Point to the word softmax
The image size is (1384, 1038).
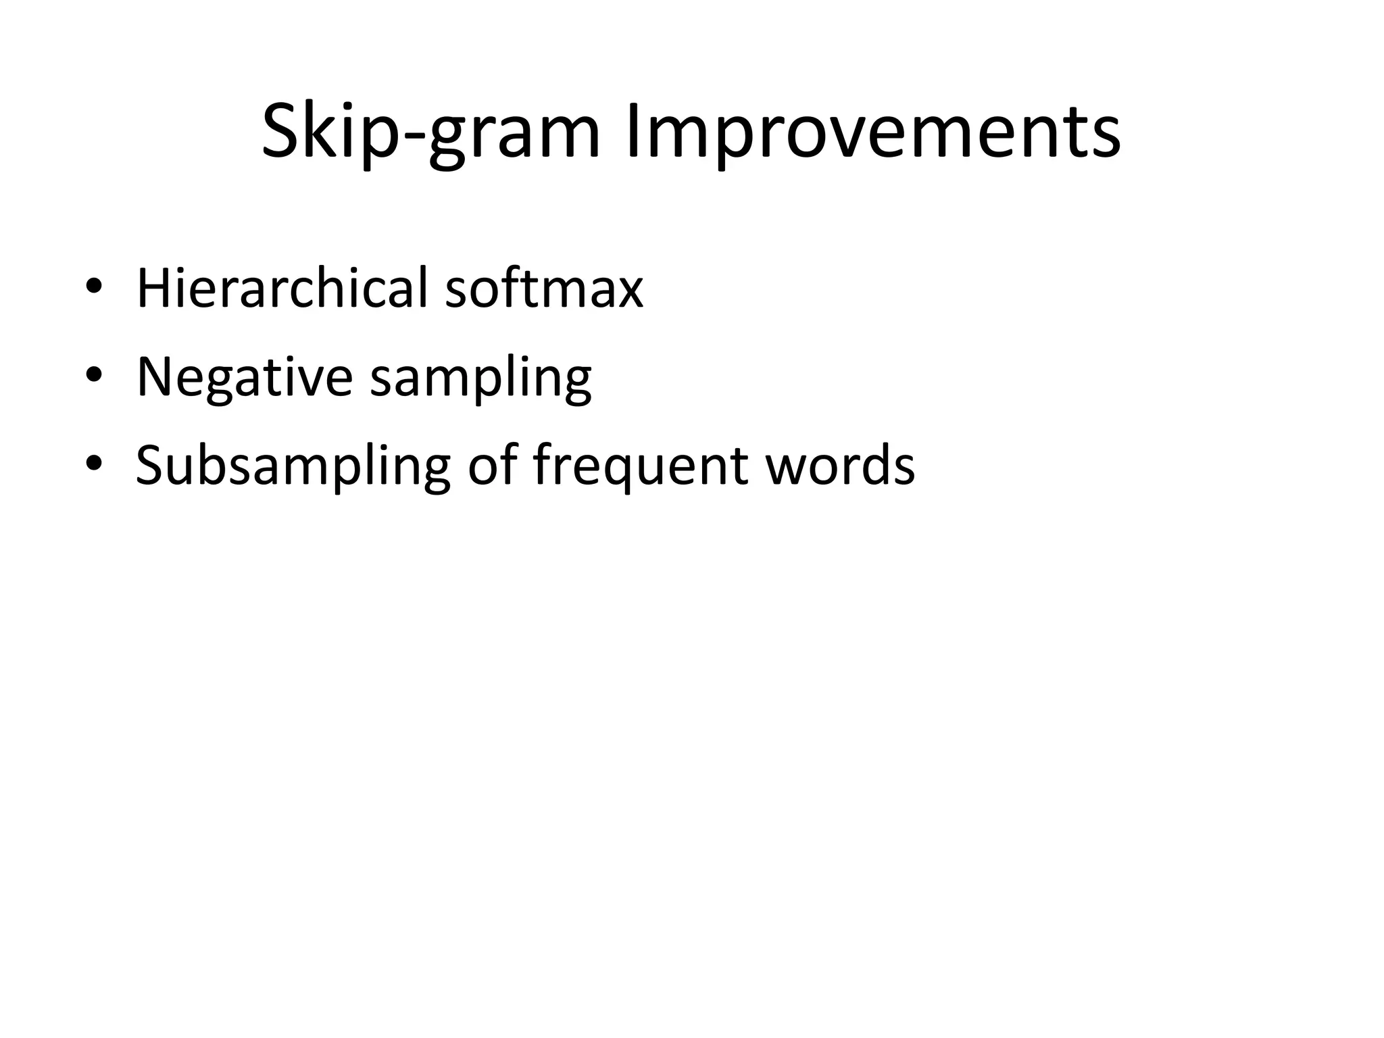(x=544, y=289)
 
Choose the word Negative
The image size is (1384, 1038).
(x=245, y=376)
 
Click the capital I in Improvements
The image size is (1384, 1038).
(x=633, y=132)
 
